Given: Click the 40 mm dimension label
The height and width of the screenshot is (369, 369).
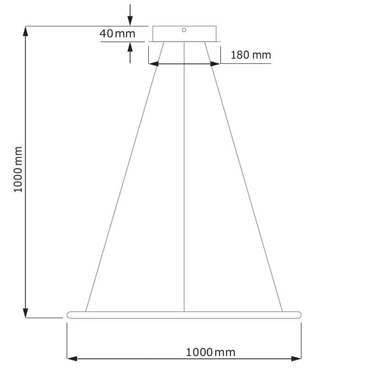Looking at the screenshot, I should pos(116,33).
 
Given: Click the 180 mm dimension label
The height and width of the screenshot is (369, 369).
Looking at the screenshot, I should pos(250,55).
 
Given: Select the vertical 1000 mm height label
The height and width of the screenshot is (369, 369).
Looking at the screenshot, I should pos(18,169).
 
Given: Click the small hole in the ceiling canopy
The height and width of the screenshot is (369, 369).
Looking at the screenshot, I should pos(184,29).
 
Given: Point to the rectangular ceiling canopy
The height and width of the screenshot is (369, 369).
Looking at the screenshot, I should pos(184,34).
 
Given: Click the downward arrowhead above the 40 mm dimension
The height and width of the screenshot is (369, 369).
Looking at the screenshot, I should pos(130,20).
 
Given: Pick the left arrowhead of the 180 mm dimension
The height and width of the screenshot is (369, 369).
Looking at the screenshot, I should pos(153,63).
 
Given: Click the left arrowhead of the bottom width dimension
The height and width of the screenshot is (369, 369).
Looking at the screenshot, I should pos(70,358).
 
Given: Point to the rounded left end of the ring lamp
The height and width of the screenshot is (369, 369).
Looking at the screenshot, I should pos(68,314).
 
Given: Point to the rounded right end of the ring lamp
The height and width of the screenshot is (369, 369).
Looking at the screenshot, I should pos(301,314).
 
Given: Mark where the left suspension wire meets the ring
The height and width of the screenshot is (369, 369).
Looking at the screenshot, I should pos(85,311).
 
